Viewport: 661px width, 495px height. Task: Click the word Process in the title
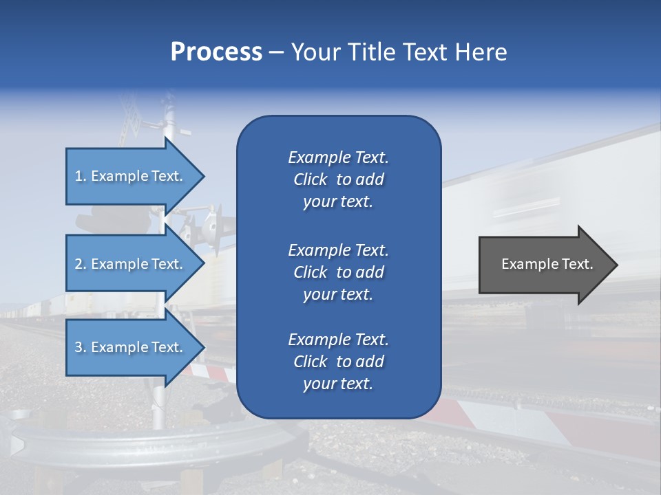point(216,52)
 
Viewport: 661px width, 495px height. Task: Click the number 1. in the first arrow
point(81,177)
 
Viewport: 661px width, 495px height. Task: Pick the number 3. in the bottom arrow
point(81,348)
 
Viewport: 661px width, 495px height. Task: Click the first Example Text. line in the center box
point(338,157)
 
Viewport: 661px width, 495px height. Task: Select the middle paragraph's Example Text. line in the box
point(338,250)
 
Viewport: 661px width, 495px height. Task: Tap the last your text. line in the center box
point(338,384)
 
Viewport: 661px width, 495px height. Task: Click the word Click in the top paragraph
point(310,180)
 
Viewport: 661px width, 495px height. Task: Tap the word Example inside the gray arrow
point(527,264)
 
